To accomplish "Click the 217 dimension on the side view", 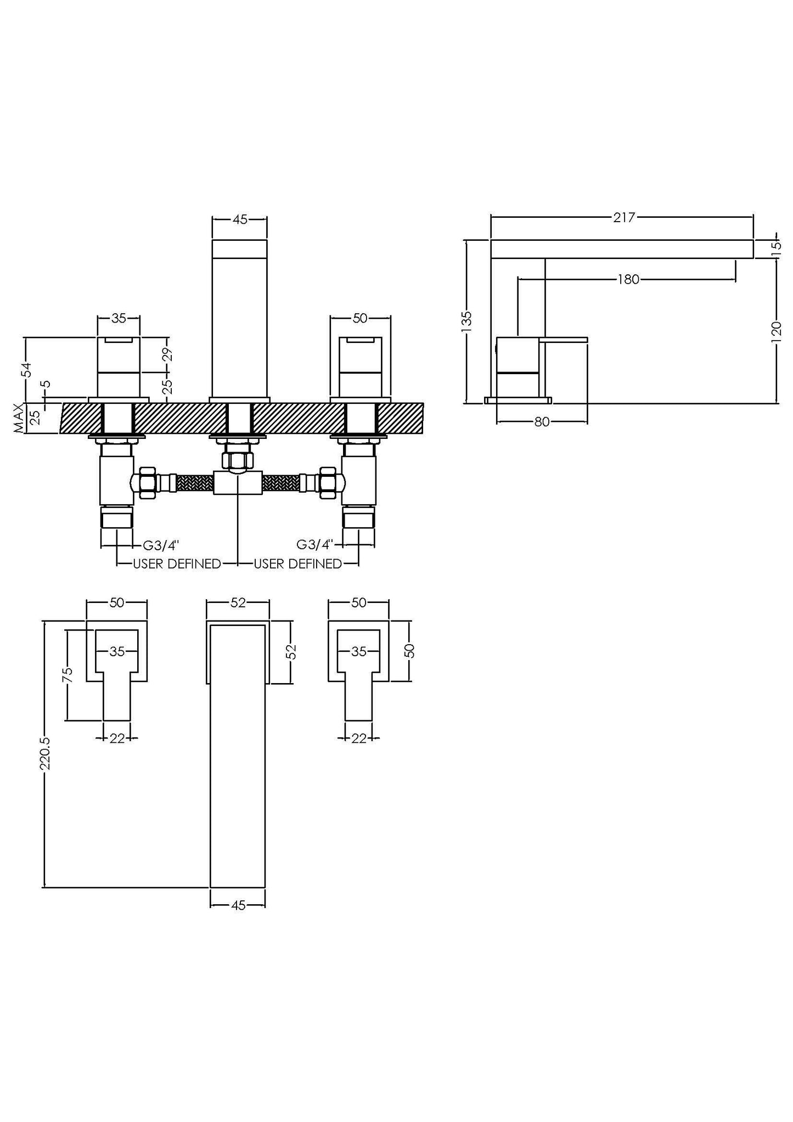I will click(x=624, y=218).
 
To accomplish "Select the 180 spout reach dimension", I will click(x=628, y=280).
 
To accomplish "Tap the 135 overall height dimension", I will click(x=466, y=319).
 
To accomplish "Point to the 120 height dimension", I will click(x=777, y=331).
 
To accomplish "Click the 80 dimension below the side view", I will click(x=542, y=422).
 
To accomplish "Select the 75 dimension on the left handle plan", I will click(x=68, y=674).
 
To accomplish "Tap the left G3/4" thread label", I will click(x=161, y=545).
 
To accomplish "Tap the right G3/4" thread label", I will click(x=315, y=545).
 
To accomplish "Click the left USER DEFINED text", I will click(x=177, y=564).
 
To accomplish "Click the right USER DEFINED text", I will click(x=297, y=564).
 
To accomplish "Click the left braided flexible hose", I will click(x=192, y=483).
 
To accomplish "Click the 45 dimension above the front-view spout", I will click(x=240, y=220).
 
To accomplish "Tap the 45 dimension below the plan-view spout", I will click(x=238, y=905).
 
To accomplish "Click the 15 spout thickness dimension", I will click(x=776, y=246).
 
